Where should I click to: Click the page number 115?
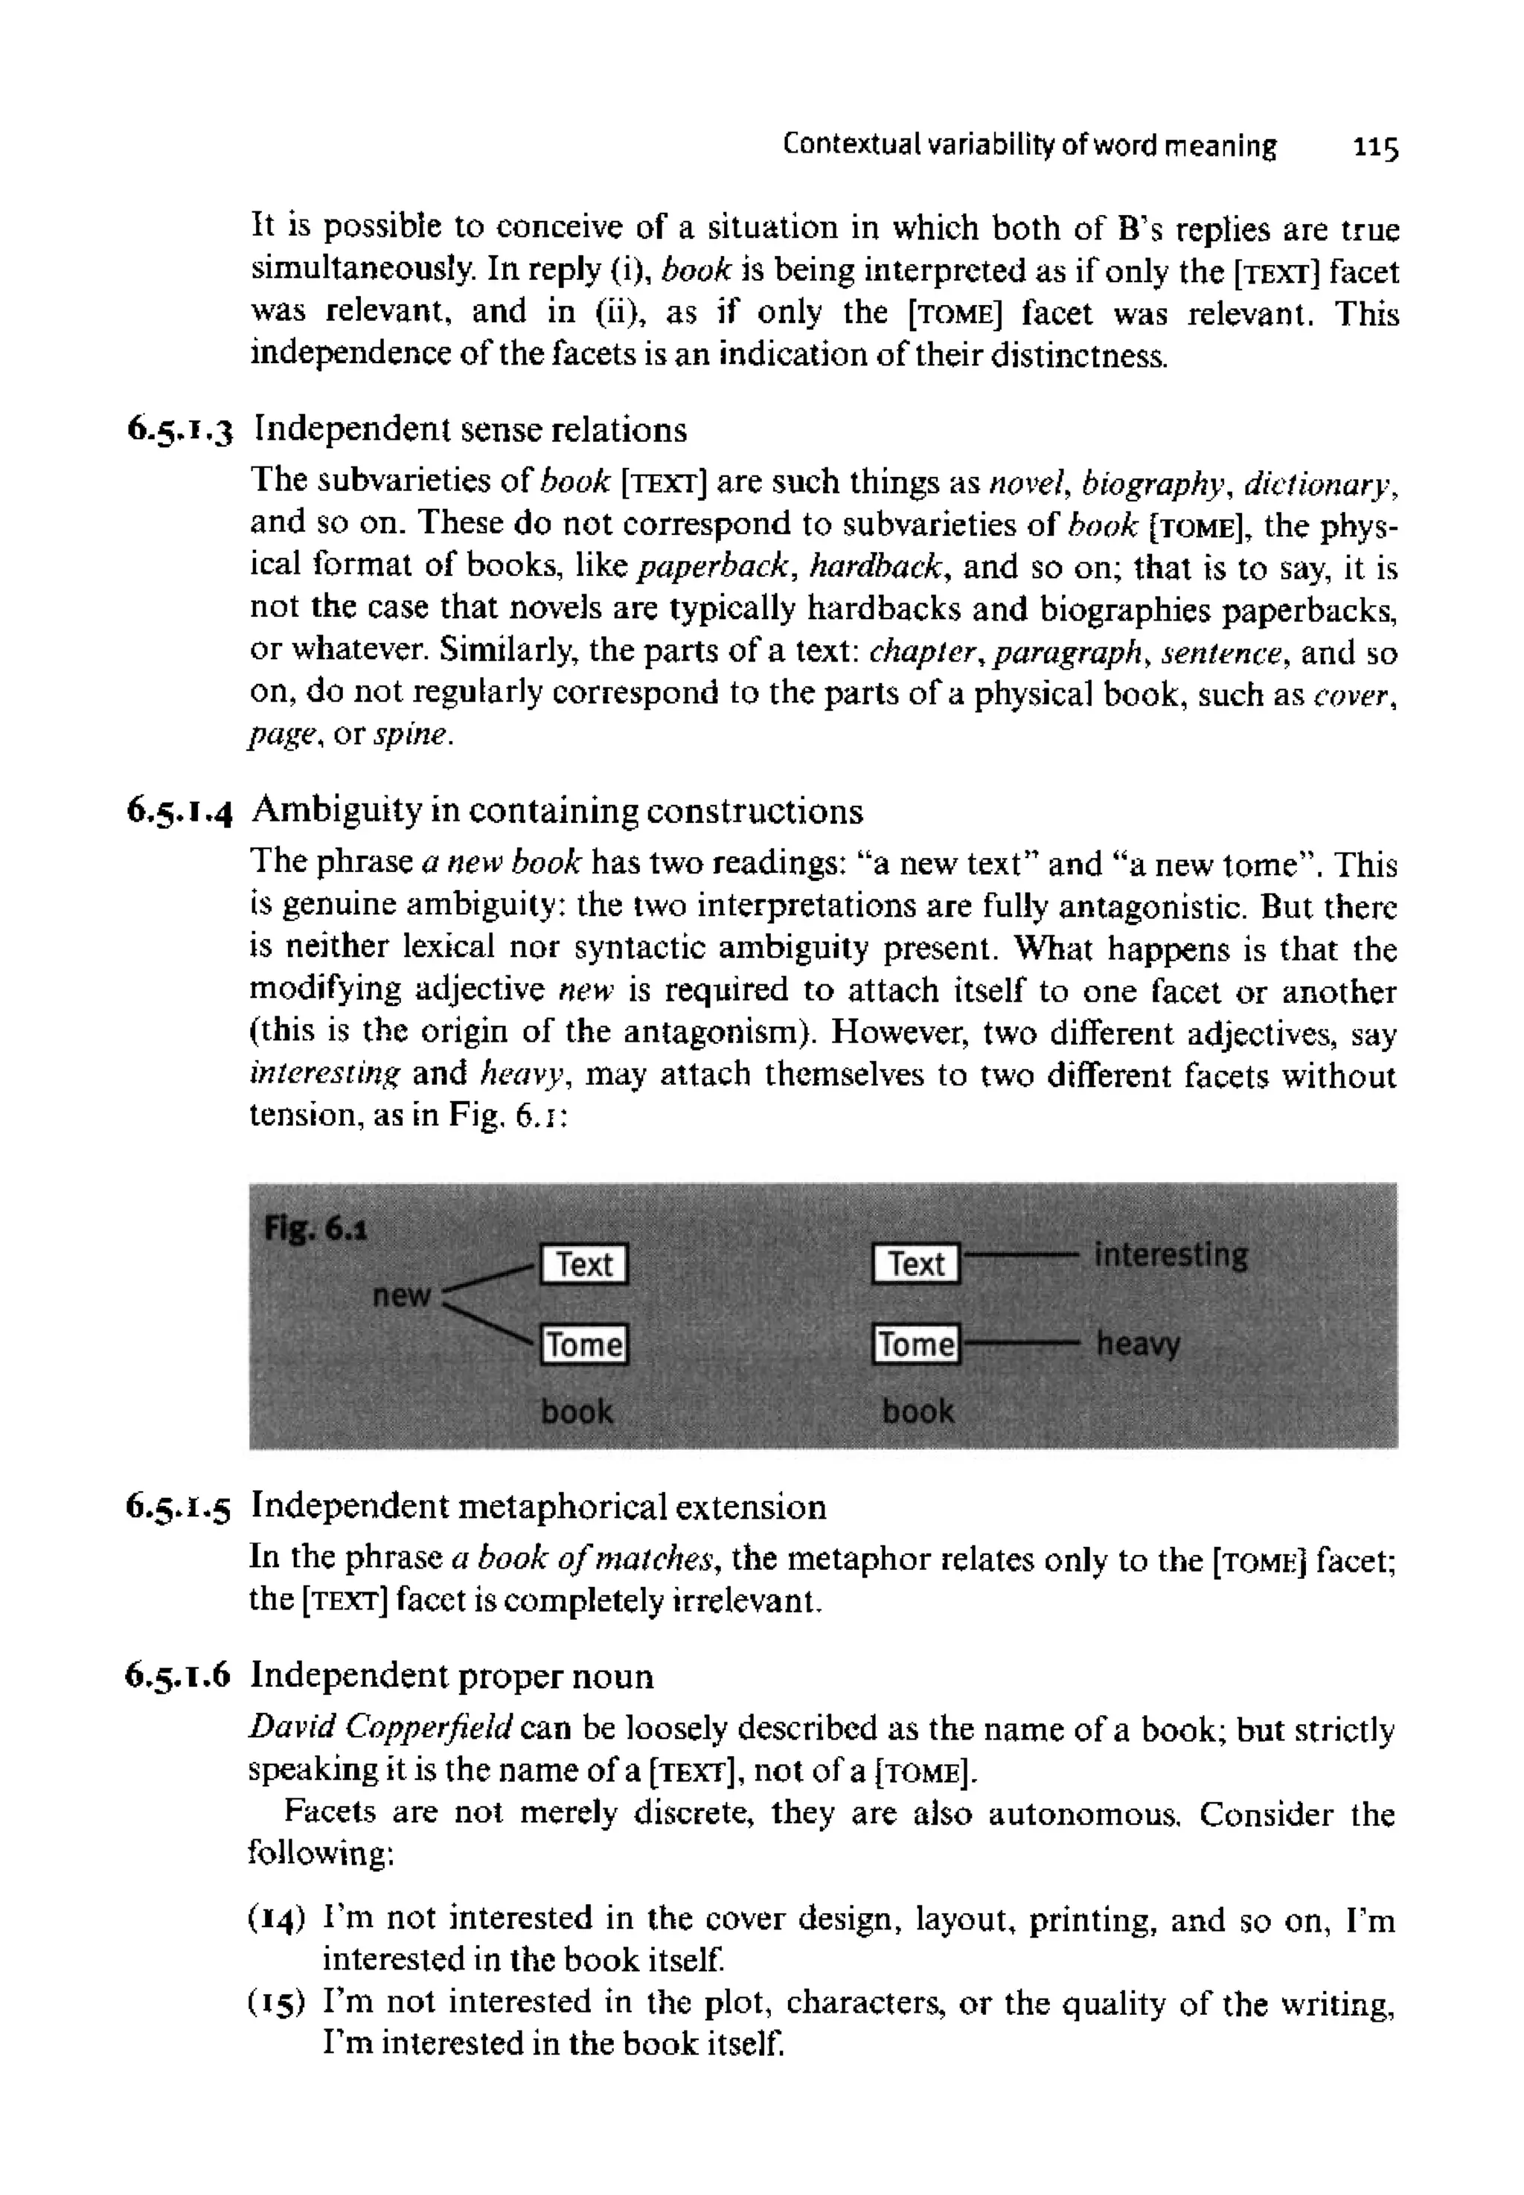click(1375, 149)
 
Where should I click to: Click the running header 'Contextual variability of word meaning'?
click(1028, 146)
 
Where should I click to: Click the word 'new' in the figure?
click(401, 1295)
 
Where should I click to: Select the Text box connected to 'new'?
click(583, 1264)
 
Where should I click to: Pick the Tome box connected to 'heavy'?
click(916, 1345)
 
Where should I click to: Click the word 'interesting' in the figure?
click(1171, 1254)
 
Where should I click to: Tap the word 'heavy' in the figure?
click(1139, 1345)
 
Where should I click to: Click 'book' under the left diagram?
click(577, 1411)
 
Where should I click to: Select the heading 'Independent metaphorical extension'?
click(539, 1507)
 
